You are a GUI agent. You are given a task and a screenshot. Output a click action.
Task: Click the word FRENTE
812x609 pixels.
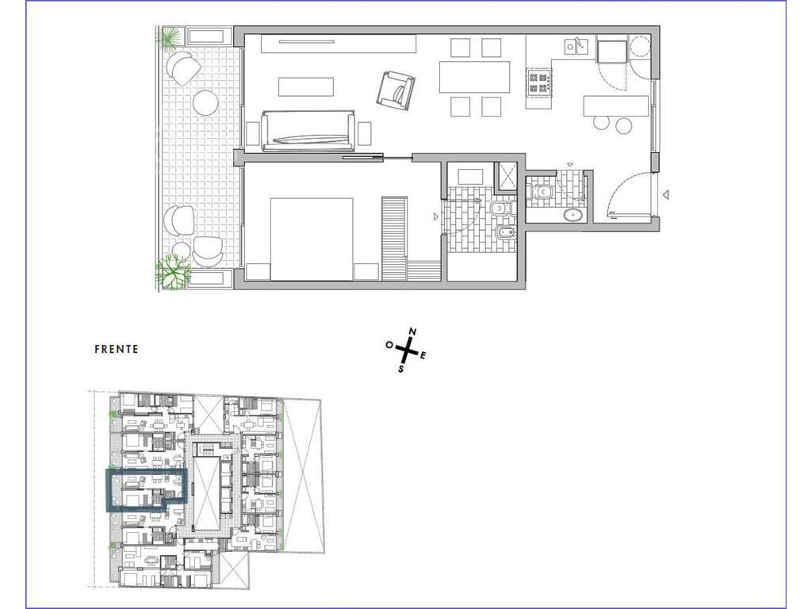[117, 349]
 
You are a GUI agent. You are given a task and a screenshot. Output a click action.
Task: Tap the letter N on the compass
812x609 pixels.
[412, 331]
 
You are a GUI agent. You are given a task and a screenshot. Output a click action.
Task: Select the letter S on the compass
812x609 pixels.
[400, 370]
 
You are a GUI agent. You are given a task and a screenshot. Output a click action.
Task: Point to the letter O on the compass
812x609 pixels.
[389, 344]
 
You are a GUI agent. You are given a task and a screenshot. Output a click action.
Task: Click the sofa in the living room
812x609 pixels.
[308, 131]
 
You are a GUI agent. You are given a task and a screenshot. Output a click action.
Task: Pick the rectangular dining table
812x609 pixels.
[474, 77]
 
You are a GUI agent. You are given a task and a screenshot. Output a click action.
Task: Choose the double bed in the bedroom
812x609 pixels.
[312, 239]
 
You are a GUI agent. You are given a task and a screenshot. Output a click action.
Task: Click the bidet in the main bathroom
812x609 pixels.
[504, 234]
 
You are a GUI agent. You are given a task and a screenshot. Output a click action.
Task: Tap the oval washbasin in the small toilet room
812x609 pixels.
[573, 215]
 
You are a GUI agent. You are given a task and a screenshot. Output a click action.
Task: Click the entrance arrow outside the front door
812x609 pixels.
[667, 195]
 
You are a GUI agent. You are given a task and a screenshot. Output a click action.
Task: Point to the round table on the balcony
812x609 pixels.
[205, 104]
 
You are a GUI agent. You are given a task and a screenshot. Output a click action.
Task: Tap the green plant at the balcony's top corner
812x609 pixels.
[171, 37]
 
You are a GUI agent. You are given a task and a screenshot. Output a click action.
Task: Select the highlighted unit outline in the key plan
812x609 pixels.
[107, 490]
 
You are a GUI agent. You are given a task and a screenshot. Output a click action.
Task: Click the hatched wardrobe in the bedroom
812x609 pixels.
[395, 238]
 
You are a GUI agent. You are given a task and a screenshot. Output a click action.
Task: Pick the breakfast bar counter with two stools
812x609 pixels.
[615, 106]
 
